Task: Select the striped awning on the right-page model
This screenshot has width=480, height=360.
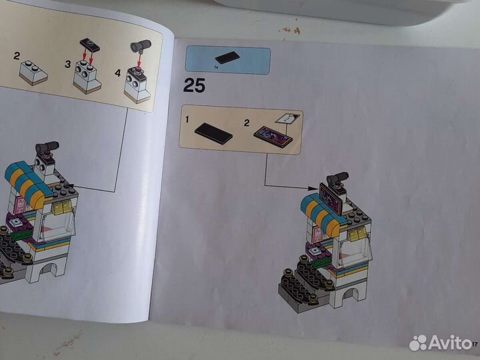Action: tap(320, 209)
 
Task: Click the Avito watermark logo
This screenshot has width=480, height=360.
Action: tap(440, 343)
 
